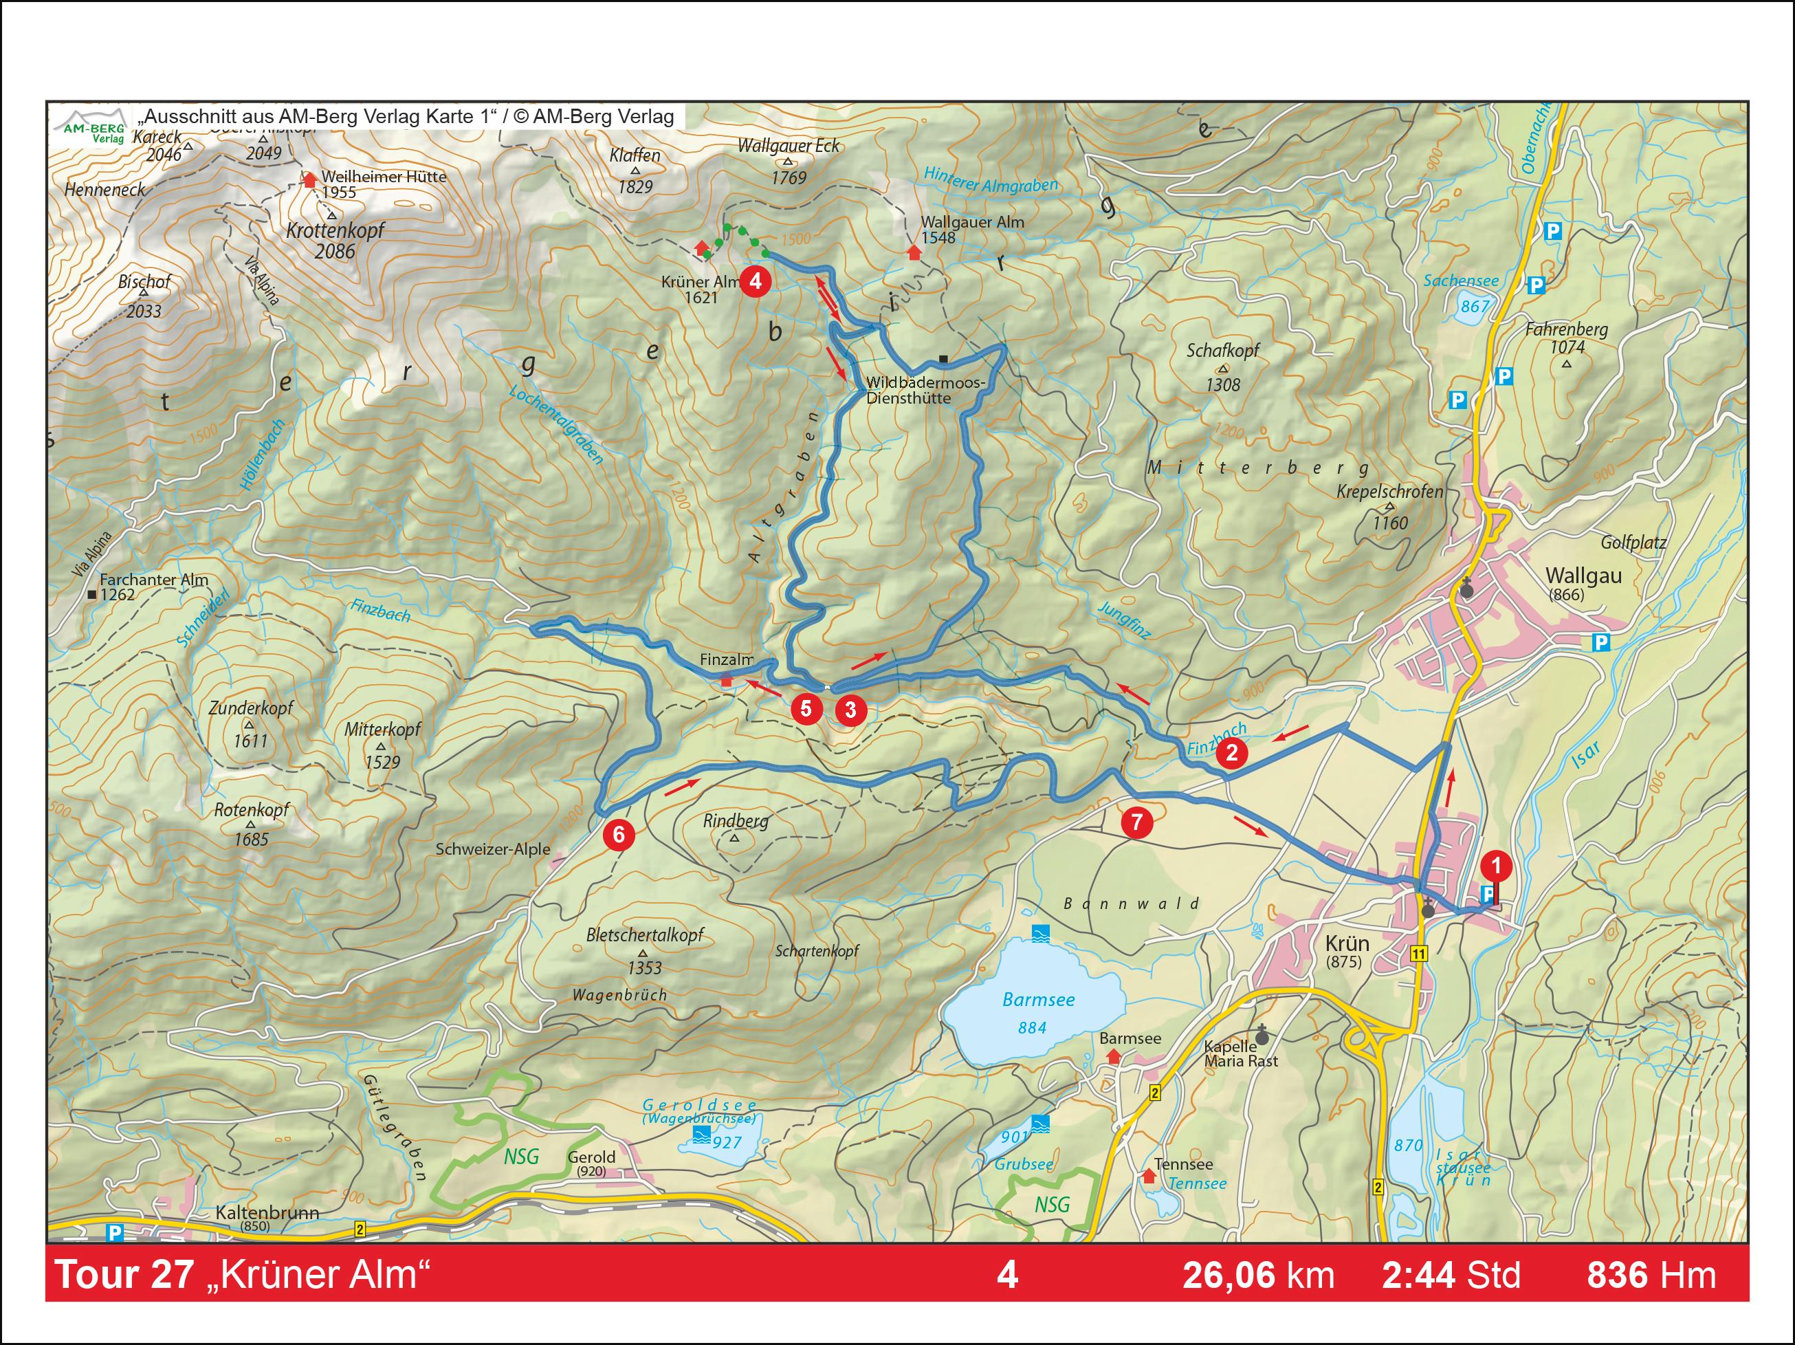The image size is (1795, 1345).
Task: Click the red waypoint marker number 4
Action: point(756,281)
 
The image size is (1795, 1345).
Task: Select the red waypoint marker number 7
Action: point(1136,822)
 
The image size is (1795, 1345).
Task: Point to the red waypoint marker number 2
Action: point(1231,752)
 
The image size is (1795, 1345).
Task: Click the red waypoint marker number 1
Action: point(1497,865)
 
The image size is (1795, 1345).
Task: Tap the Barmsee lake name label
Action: point(1038,999)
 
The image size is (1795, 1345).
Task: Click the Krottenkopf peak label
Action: point(335,230)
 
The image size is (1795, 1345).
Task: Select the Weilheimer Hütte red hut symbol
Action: point(309,179)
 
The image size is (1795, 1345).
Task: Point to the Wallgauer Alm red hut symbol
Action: point(914,252)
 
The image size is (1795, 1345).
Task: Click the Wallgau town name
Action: point(1583,576)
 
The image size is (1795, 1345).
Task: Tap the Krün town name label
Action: point(1347,943)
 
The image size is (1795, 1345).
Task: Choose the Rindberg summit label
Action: point(735,820)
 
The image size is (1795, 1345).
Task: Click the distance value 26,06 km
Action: point(1258,1275)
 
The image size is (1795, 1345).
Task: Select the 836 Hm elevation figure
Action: point(1651,1275)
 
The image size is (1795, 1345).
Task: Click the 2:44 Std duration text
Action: point(1451,1275)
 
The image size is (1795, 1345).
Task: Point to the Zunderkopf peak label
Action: point(251,708)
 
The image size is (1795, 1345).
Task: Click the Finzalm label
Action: point(726,660)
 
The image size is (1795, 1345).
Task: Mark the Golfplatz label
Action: point(1633,543)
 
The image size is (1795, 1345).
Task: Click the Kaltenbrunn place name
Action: point(267,1212)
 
